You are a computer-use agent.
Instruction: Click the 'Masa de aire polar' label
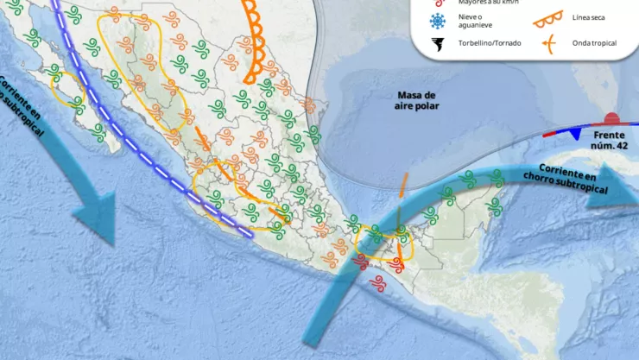pyautogui.click(x=418, y=100)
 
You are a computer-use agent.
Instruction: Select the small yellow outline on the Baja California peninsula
pyautogui.click(x=67, y=89)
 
